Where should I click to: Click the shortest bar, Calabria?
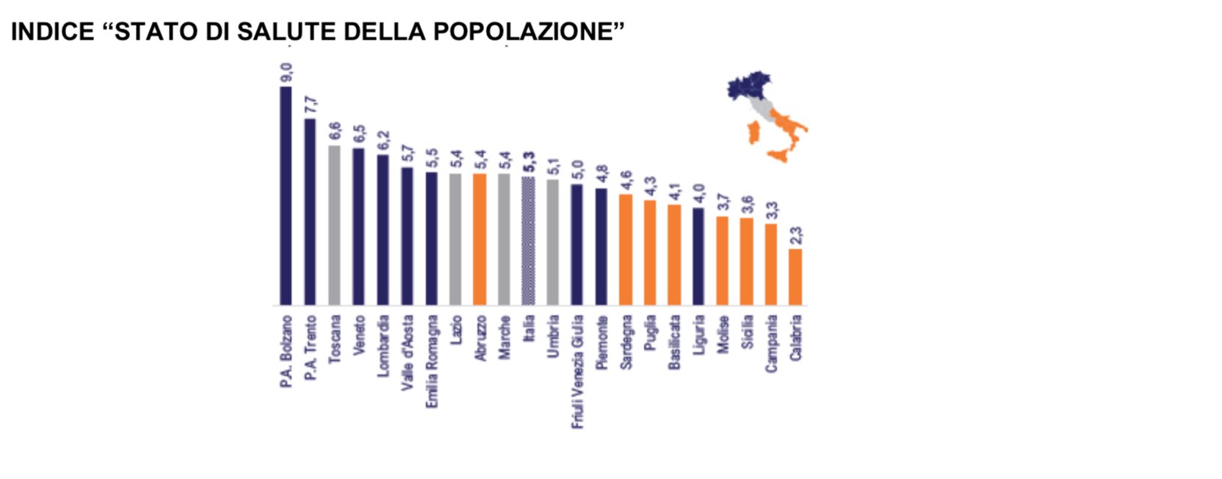tap(795, 277)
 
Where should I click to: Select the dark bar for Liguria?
tap(698, 256)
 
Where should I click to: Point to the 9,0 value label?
tap(286, 73)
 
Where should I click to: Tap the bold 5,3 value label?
tap(529, 162)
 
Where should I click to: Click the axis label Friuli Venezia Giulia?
tap(577, 371)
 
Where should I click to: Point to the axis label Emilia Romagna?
tap(432, 361)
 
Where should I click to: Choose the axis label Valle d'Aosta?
tap(408, 352)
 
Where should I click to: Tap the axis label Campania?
tap(771, 343)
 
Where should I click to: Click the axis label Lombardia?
tap(383, 346)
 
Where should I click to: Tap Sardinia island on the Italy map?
tap(753, 133)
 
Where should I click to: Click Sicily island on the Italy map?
tap(779, 155)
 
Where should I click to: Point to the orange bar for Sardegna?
tap(626, 250)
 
